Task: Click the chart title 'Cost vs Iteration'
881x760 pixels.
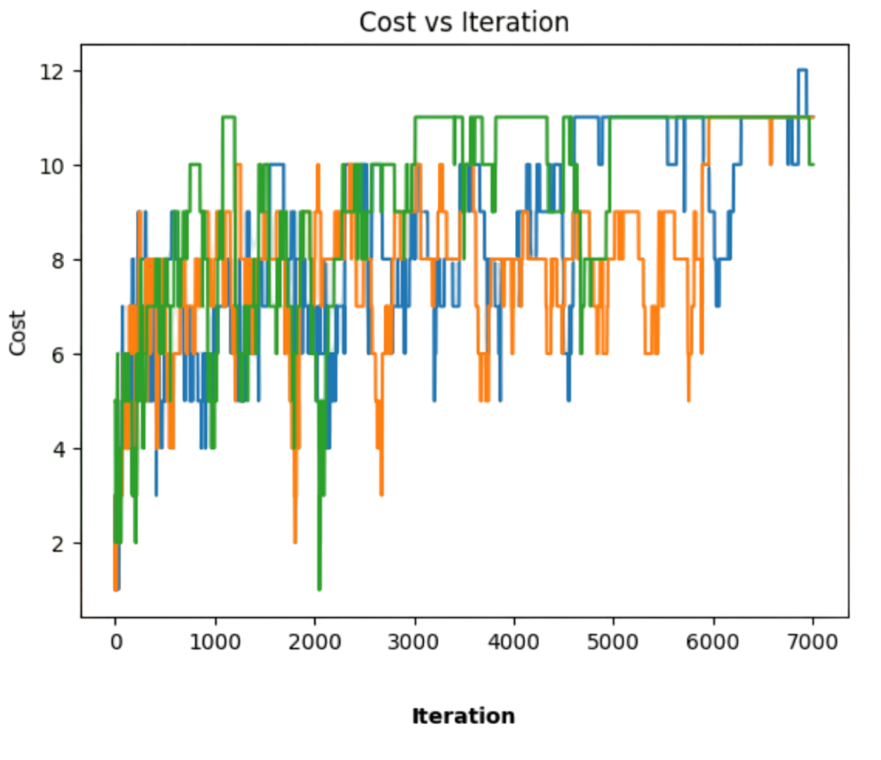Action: click(464, 23)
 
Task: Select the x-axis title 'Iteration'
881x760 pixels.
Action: click(463, 716)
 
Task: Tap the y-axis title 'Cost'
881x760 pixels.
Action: click(18, 332)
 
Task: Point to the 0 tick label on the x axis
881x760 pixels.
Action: click(115, 642)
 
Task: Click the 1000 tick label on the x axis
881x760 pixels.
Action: click(215, 642)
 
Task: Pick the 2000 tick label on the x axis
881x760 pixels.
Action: click(315, 642)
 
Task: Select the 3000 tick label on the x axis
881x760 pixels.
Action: click(414, 642)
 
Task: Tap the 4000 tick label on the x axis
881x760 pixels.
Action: click(514, 642)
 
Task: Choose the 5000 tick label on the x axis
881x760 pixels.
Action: click(614, 642)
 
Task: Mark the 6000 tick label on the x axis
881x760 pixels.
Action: click(714, 642)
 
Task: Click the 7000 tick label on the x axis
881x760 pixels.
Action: click(813, 642)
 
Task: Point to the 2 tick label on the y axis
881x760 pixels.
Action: click(59, 543)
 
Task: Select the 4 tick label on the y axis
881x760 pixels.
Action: click(59, 449)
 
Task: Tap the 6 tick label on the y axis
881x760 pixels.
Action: click(59, 355)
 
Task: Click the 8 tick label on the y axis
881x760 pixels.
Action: click(59, 260)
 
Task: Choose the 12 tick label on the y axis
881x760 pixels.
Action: click(53, 72)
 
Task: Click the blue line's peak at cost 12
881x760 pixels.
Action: click(802, 69)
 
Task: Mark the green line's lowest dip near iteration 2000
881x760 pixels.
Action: click(319, 590)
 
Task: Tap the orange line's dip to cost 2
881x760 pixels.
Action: click(296, 542)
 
